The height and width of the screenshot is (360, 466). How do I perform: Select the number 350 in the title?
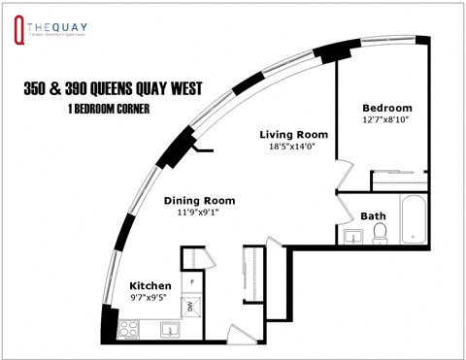pyautogui.click(x=39, y=89)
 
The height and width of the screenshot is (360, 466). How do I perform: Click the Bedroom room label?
pyautogui.click(x=386, y=108)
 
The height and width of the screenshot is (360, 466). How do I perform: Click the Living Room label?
pyautogui.click(x=293, y=133)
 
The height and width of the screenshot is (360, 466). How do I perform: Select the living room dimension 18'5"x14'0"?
pyautogui.click(x=293, y=146)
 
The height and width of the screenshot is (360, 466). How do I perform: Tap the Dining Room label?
pyautogui.click(x=198, y=201)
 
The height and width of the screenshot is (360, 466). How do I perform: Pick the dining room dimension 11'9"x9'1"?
pyautogui.click(x=198, y=213)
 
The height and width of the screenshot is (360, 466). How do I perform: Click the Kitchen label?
pyautogui.click(x=150, y=286)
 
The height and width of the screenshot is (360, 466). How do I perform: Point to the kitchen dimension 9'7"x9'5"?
pyautogui.click(x=150, y=299)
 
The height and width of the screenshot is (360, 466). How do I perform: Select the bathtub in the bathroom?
pyautogui.click(x=413, y=220)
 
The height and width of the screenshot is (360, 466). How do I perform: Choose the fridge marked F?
pyautogui.click(x=192, y=282)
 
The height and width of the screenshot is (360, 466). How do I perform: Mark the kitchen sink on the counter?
pyautogui.click(x=170, y=329)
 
